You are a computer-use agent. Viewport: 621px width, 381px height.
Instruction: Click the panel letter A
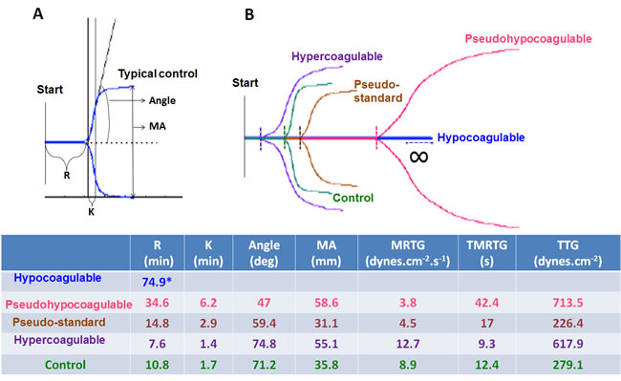point(38,14)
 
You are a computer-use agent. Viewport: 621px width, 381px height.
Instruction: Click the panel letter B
point(249,15)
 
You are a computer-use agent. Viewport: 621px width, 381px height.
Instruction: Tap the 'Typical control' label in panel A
point(158,74)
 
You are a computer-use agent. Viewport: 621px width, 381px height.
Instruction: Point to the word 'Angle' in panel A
point(162,100)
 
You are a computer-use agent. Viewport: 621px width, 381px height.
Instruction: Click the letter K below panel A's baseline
point(91,212)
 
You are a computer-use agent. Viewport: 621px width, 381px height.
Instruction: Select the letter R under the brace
point(67,176)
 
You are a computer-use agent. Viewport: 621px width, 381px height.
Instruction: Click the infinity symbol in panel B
point(418,157)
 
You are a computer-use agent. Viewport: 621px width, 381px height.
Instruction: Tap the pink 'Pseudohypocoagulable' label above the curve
point(528,39)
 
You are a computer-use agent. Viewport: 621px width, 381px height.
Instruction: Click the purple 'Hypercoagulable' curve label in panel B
point(337,56)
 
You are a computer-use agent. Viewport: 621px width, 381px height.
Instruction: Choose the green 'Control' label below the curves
point(353,198)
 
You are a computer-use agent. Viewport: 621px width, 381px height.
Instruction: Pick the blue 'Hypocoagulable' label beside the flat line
point(481,138)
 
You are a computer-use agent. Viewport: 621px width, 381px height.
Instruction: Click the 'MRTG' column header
point(408,245)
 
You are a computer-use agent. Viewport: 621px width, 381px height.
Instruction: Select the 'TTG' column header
point(567,245)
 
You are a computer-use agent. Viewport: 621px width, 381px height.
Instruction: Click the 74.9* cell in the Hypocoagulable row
point(157,282)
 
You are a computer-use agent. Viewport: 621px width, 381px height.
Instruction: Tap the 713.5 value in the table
point(567,303)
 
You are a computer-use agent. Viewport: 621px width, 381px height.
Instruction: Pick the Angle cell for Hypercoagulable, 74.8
point(264,344)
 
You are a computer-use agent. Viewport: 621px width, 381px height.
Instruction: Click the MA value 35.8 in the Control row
point(327,365)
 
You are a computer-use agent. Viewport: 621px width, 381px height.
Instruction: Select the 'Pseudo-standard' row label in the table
point(59,322)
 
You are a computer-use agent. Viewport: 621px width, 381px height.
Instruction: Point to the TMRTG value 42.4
point(486,303)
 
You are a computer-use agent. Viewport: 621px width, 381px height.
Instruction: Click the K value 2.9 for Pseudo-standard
point(208,323)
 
